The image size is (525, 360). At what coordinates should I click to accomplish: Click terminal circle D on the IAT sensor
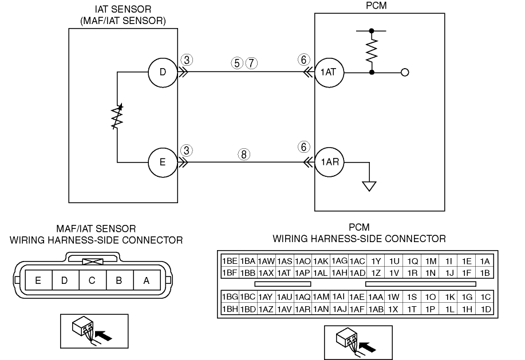click(163, 72)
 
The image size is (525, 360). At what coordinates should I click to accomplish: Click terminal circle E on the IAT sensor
click(163, 163)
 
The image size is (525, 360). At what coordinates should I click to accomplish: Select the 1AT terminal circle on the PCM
click(329, 73)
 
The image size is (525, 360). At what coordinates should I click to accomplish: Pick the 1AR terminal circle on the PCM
click(329, 163)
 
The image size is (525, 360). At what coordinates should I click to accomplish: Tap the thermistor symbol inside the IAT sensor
click(117, 117)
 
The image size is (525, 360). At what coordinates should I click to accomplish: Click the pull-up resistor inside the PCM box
click(372, 51)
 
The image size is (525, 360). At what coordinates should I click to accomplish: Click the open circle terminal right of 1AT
click(405, 72)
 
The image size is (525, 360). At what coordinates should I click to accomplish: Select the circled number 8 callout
click(244, 154)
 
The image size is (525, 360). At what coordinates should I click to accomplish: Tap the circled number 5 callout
click(236, 63)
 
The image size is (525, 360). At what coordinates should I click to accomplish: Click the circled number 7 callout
click(251, 63)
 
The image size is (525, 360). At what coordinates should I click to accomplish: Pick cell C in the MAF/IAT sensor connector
click(92, 280)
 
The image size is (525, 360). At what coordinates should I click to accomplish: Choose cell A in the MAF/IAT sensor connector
click(147, 280)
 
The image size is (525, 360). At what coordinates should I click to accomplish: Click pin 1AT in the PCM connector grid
click(284, 273)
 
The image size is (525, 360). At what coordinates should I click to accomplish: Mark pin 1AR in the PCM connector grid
click(302, 309)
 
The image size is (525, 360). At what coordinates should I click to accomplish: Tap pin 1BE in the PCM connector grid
click(230, 261)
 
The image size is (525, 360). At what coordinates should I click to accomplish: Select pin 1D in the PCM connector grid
click(485, 309)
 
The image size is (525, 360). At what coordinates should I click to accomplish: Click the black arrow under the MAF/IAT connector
click(104, 335)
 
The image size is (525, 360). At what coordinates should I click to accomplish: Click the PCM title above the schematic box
click(376, 5)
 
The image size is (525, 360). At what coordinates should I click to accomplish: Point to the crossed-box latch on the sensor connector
click(93, 262)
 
